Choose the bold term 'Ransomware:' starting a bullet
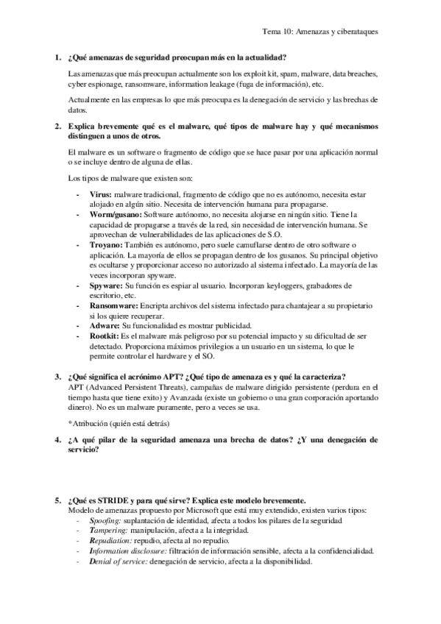[116, 305]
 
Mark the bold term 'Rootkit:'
[106, 336]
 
